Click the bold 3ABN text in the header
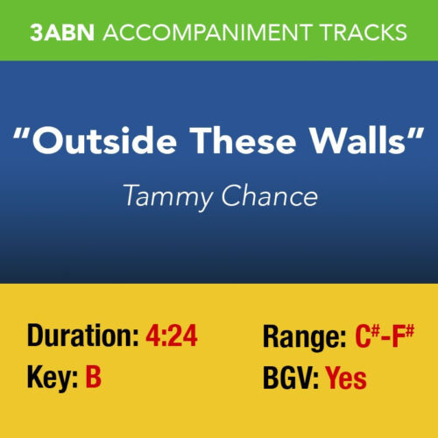[x=62, y=32]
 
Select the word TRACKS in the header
[x=365, y=32]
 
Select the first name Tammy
[x=164, y=197]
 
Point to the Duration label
[x=78, y=336]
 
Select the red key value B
[x=93, y=378]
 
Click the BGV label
[x=290, y=378]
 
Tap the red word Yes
[x=346, y=378]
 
